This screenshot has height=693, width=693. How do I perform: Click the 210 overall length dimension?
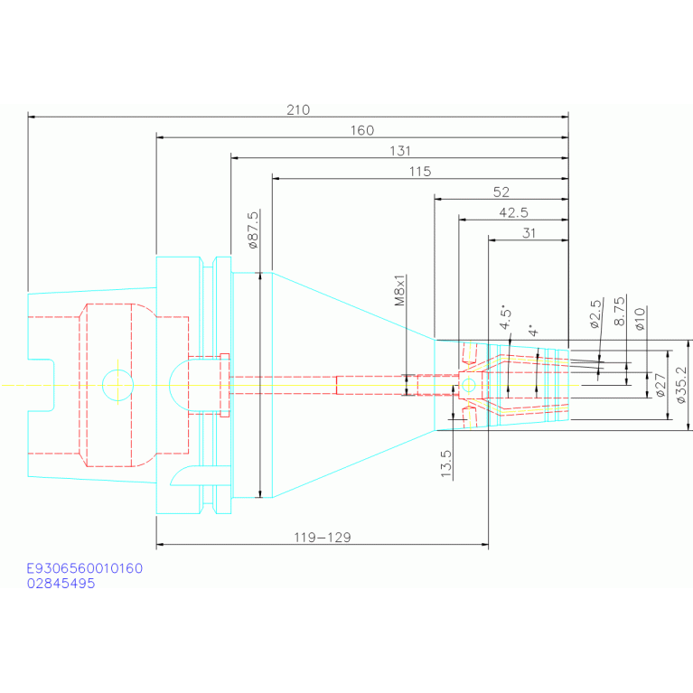pyautogui.click(x=298, y=109)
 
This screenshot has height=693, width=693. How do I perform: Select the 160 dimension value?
pyautogui.click(x=362, y=130)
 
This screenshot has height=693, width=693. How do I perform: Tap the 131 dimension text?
pyautogui.click(x=400, y=151)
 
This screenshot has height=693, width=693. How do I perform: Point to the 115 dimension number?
pyautogui.click(x=420, y=172)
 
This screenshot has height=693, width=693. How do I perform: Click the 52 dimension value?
pyautogui.click(x=501, y=192)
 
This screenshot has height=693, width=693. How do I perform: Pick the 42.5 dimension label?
pyautogui.click(x=513, y=213)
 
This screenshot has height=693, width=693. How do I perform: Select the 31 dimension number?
pyautogui.click(x=529, y=233)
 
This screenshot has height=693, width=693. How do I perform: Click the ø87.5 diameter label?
pyautogui.click(x=253, y=229)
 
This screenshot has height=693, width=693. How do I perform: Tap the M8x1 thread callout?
pyautogui.click(x=399, y=290)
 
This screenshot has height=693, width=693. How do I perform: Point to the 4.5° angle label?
pyautogui.click(x=505, y=317)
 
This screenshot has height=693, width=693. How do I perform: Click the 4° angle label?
pyautogui.click(x=533, y=331)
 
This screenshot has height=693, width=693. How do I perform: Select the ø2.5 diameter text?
pyautogui.click(x=596, y=314)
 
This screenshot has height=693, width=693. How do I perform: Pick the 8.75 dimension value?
pyautogui.click(x=620, y=311)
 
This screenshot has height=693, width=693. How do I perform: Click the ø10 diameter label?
pyautogui.click(x=640, y=319)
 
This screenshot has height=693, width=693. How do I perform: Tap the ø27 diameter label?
pyautogui.click(x=660, y=385)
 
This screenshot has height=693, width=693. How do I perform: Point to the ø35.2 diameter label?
pyautogui.click(x=681, y=385)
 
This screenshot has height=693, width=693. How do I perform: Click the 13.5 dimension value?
pyautogui.click(x=446, y=464)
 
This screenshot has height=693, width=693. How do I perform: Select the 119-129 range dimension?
pyautogui.click(x=323, y=538)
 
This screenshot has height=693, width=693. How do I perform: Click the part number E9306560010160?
pyautogui.click(x=85, y=568)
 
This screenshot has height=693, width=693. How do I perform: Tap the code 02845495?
pyautogui.click(x=61, y=584)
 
